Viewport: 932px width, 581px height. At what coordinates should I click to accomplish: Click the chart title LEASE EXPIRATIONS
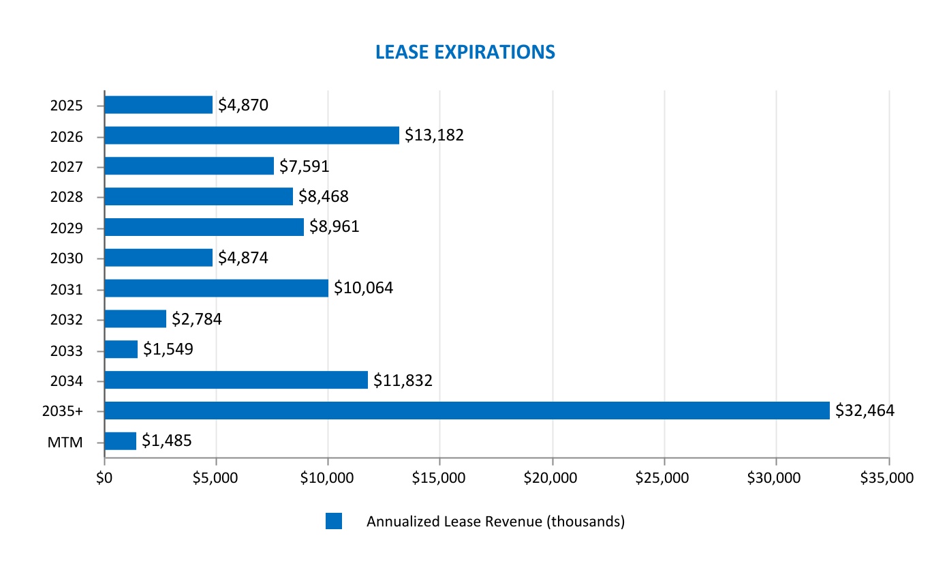[465, 52]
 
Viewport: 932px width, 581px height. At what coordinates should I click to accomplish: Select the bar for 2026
[251, 136]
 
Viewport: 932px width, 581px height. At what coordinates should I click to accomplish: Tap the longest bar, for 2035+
[467, 411]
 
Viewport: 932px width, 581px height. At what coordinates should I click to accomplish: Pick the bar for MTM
[121, 441]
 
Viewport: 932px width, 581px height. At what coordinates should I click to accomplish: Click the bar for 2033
[121, 349]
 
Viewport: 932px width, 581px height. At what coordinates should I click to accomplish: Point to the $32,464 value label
[865, 411]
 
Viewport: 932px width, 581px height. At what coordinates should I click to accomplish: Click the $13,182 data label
[434, 135]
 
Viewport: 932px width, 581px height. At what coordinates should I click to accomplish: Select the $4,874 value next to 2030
[243, 258]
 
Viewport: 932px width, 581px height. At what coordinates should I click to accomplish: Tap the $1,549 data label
[168, 350]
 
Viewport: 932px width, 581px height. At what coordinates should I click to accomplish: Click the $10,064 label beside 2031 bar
[363, 288]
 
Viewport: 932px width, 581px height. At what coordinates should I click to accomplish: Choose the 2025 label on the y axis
[67, 106]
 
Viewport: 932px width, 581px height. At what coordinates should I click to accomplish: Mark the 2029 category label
[67, 228]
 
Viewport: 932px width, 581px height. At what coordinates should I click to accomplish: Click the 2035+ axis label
[62, 412]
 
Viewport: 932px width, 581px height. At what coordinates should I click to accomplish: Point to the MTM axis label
[65, 443]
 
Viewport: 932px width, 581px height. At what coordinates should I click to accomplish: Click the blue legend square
[333, 522]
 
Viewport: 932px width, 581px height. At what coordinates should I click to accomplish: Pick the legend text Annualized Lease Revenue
[495, 522]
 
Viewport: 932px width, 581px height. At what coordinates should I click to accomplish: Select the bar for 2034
[236, 380]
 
